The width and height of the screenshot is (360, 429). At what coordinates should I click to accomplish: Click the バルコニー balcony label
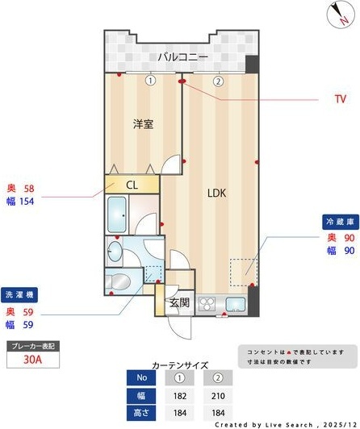click(x=183, y=57)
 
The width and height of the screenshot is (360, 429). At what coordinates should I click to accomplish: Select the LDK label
click(x=216, y=194)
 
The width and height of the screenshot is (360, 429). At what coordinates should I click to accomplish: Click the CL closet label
click(x=132, y=185)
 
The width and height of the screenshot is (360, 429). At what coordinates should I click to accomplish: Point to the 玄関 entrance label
click(x=178, y=303)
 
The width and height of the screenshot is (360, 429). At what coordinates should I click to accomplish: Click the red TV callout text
click(x=340, y=99)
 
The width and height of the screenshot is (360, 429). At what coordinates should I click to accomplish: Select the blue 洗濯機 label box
click(x=22, y=294)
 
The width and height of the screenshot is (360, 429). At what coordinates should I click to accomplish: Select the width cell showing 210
click(x=217, y=395)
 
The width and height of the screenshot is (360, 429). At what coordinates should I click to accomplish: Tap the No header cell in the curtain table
click(x=142, y=377)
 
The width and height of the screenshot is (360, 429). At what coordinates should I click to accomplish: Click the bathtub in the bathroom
click(x=120, y=214)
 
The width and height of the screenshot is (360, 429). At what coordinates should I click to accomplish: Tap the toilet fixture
click(x=119, y=282)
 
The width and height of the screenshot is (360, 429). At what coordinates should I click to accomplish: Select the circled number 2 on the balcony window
click(x=218, y=81)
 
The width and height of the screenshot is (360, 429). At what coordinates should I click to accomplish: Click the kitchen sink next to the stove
click(x=235, y=304)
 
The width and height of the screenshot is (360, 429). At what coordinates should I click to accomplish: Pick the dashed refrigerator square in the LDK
click(x=242, y=271)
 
